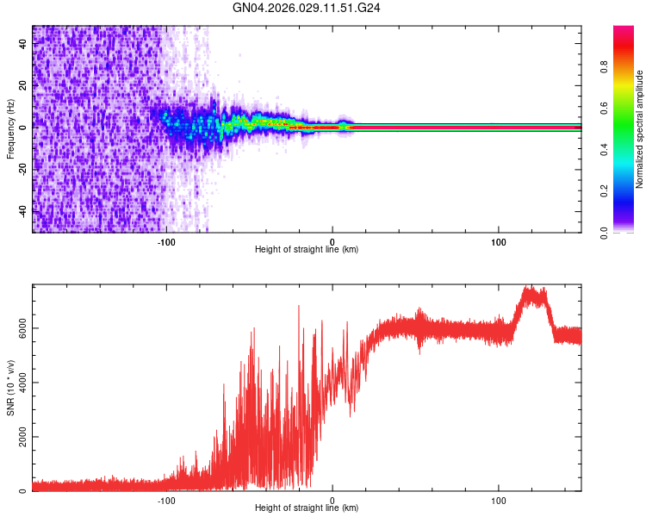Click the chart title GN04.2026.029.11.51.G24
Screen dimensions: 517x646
tap(307, 10)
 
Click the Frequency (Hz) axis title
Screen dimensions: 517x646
tap(11, 128)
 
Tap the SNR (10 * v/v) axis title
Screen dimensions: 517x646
tap(11, 388)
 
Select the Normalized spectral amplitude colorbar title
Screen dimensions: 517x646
tap(639, 129)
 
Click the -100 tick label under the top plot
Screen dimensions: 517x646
tap(166, 240)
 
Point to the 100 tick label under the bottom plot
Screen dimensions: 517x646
tap(499, 499)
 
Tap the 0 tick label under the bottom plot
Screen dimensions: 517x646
tap(332, 499)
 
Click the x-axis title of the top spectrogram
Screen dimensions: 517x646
tap(307, 250)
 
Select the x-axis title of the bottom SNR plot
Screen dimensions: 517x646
tap(307, 508)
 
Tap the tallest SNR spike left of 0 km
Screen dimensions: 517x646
tap(299, 305)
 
